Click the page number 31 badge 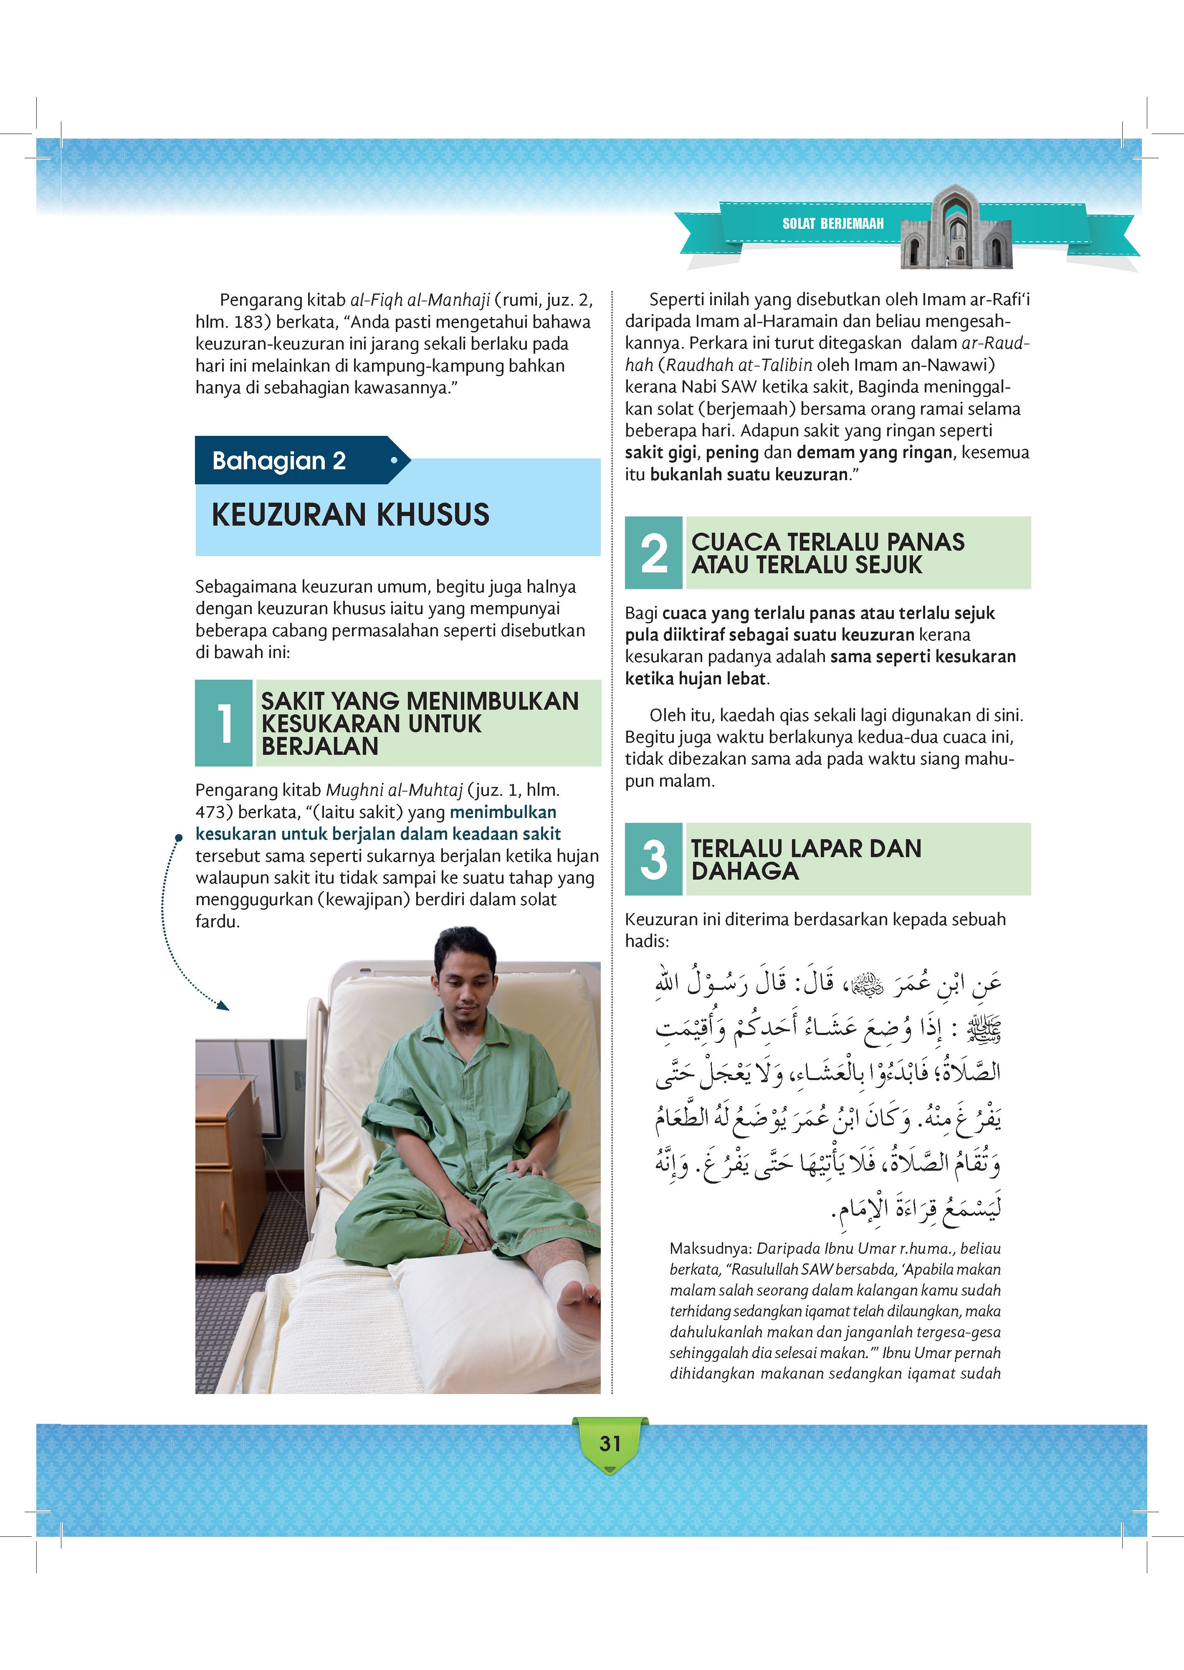pos(610,1443)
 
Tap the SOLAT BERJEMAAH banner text pos(832,224)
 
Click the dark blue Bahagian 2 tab pos(292,461)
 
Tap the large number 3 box pos(653,859)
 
